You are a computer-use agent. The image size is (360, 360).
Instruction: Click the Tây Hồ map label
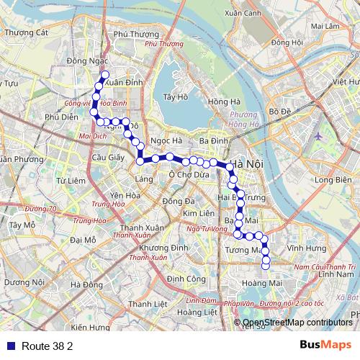(176, 96)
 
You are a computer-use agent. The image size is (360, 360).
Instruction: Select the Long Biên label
(332, 180)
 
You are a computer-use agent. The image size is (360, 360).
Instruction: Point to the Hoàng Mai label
(264, 283)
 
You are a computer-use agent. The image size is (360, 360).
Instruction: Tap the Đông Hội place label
(287, 42)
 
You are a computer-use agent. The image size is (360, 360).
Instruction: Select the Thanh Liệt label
(143, 304)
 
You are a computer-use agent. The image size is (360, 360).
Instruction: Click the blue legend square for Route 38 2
(8, 346)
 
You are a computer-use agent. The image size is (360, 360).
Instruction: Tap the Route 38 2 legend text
(48, 346)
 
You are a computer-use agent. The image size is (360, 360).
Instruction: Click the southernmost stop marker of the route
(265, 266)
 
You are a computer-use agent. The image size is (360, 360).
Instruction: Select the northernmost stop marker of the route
(104, 74)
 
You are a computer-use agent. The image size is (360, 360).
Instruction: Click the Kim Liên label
(198, 214)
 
